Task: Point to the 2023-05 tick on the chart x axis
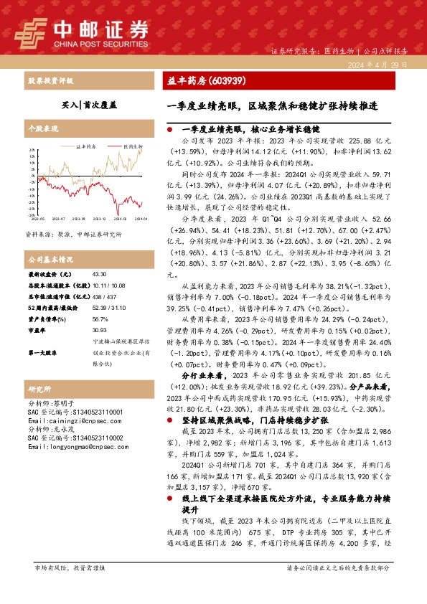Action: coord(37,218)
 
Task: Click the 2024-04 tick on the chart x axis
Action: coord(141,218)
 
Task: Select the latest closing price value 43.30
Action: coord(99,274)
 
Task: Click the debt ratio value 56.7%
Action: coord(100,318)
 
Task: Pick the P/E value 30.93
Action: coord(99,330)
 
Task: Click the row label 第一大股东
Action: coord(43,352)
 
